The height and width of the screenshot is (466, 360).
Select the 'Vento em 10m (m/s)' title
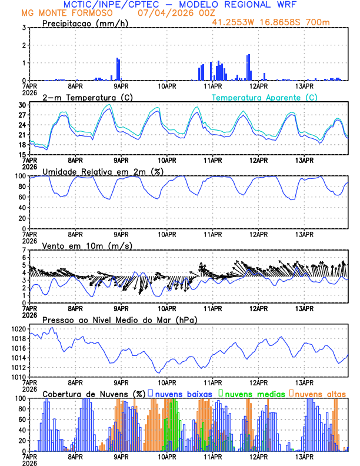[87, 245]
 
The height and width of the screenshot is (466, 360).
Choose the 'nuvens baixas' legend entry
[183, 393]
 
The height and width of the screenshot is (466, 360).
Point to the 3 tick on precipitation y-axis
[24, 28]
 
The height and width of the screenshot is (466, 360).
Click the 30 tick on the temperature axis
[21, 105]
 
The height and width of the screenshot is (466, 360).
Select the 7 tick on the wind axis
[24, 250]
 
